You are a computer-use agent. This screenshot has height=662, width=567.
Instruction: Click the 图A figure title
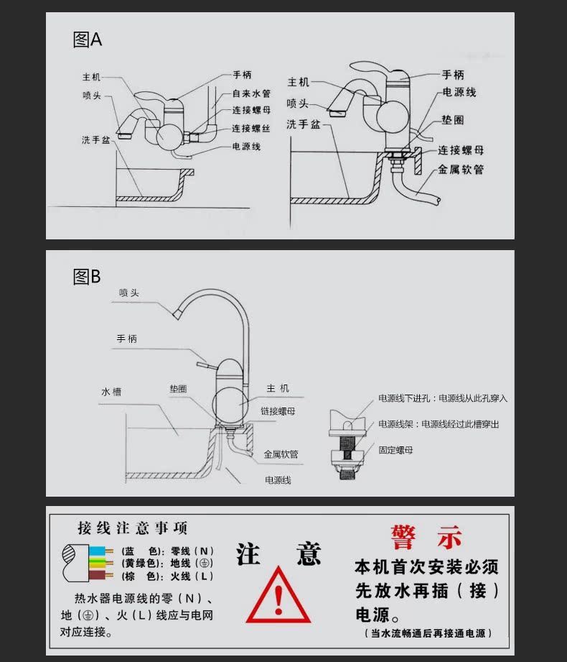pos(88,40)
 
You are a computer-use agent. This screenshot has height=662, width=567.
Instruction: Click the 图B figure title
pos(87,277)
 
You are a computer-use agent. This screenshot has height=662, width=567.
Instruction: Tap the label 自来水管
pos(250,93)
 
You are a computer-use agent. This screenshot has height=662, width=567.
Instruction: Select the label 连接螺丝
pos(250,129)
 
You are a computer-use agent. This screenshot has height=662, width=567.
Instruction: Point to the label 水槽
pos(111,392)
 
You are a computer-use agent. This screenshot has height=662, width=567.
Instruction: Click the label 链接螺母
pos(278,410)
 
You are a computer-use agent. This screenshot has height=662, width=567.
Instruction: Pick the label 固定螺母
pos(395,450)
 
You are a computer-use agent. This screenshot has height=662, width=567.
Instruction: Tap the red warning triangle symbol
pos(278,597)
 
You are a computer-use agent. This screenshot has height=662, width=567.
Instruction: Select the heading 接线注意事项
pos(133,529)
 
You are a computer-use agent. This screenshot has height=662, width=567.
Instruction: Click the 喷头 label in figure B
pos(129,293)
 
